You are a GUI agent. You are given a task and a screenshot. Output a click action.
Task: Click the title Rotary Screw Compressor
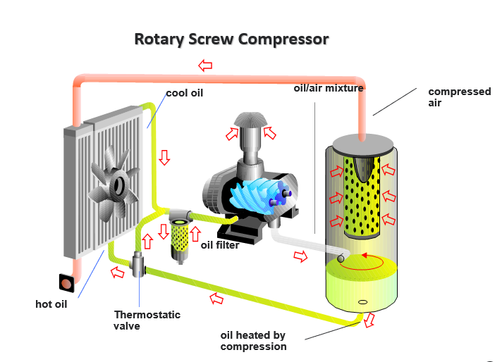[231, 39]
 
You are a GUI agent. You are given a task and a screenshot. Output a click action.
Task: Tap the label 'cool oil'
[184, 93]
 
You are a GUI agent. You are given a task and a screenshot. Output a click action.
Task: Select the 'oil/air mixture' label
[328, 88]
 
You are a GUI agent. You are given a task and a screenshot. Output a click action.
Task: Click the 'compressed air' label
[459, 97]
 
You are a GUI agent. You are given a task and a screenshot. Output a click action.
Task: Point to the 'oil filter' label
[219, 245]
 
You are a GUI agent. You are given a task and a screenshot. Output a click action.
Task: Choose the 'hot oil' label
[51, 304]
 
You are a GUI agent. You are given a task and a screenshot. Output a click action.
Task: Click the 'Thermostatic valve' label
[147, 320]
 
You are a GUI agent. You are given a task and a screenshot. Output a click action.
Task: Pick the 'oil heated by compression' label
[253, 341]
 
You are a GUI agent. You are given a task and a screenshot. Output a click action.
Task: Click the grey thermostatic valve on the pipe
[138, 266]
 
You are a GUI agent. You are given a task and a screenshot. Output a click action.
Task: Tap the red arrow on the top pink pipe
[205, 65]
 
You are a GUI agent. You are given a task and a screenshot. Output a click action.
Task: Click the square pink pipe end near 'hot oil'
[66, 283]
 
